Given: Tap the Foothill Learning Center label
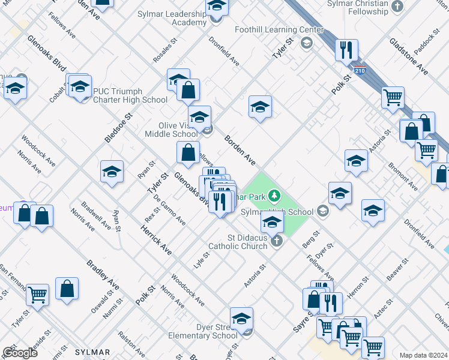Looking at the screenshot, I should (x=282, y=29).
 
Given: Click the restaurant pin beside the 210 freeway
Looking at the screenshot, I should (x=346, y=50).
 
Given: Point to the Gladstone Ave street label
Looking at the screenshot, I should (x=408, y=56).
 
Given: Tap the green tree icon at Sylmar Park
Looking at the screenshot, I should (x=274, y=195).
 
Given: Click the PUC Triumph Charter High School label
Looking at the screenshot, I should (x=130, y=95).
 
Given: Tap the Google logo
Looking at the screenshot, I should (x=20, y=352).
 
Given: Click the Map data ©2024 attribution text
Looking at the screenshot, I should (x=423, y=355).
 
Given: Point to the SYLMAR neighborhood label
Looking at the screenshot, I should (x=92, y=352).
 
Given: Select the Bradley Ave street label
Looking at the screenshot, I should (x=103, y=275).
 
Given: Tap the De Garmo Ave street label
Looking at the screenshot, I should (x=169, y=210).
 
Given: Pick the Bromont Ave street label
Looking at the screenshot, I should (x=403, y=176).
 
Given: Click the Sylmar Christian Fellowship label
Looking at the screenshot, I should (x=359, y=8).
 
